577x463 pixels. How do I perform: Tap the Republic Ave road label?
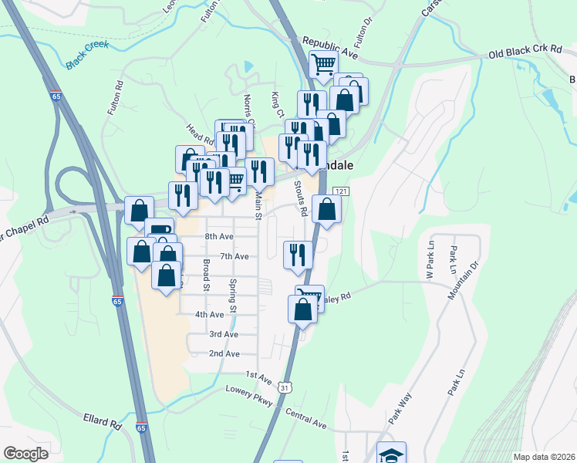[331, 47]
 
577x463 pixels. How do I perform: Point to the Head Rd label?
[199, 134]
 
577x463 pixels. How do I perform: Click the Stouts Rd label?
[303, 200]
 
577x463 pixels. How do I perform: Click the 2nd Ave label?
[224, 353]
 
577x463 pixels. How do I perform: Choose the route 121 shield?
[340, 191]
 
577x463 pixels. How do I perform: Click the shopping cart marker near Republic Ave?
[323, 64]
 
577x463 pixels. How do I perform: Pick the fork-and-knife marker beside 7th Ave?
[298, 254]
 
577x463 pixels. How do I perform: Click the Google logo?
[26, 453]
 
